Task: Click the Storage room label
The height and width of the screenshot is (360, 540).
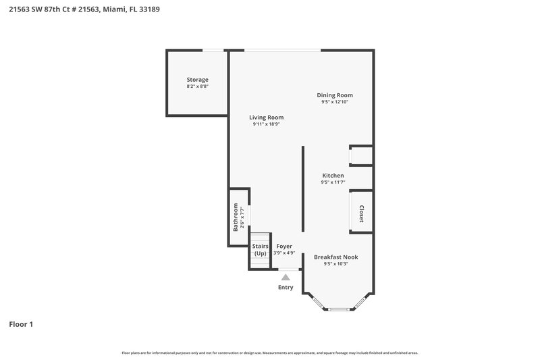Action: click(x=197, y=80)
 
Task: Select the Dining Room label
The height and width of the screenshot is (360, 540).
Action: click(x=335, y=95)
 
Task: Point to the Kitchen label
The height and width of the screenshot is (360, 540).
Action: click(x=333, y=176)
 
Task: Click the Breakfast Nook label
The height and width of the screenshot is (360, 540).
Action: click(x=335, y=257)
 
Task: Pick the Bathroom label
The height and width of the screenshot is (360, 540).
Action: click(x=236, y=217)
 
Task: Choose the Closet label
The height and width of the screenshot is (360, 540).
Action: click(x=361, y=214)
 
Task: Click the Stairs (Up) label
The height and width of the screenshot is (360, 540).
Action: click(x=261, y=250)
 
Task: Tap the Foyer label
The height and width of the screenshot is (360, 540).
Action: click(x=284, y=247)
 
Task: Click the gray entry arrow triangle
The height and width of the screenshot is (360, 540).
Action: click(x=286, y=276)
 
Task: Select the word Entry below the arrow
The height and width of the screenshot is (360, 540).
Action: click(x=286, y=288)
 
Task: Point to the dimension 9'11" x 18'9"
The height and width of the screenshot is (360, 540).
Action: click(x=267, y=124)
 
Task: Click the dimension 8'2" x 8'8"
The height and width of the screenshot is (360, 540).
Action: click(x=197, y=86)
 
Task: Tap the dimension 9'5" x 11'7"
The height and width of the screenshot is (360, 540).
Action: click(x=333, y=182)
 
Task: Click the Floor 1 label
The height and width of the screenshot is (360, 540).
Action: click(x=20, y=324)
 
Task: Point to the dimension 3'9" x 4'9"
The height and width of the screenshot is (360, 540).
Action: click(x=284, y=253)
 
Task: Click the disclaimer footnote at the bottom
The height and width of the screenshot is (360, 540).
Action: click(x=269, y=353)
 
